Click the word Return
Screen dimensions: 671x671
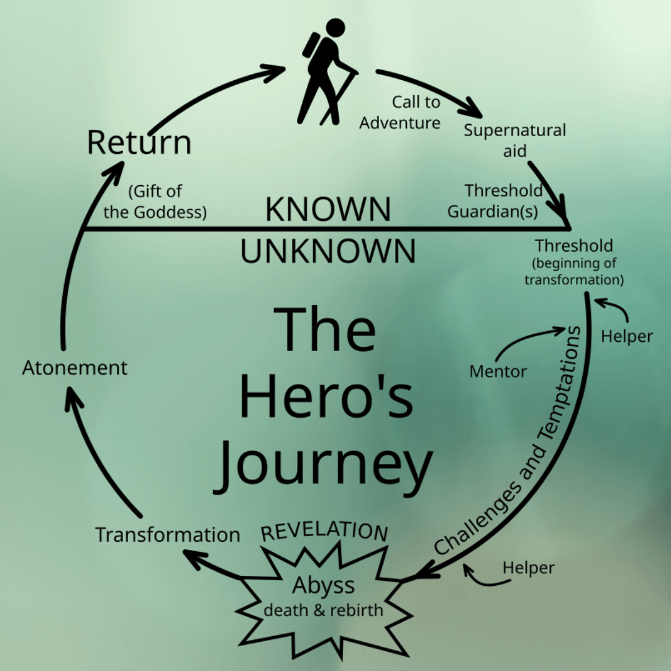[139, 142]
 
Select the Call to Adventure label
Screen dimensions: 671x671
[400, 112]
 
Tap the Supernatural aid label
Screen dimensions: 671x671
[515, 140]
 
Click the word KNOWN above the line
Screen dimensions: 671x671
[328, 209]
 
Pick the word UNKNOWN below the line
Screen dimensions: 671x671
[328, 251]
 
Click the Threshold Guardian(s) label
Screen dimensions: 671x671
[495, 201]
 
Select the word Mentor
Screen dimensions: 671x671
[498, 372]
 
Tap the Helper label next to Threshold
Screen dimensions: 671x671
[628, 336]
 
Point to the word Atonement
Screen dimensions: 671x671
[75, 367]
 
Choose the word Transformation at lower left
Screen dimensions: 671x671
[167, 534]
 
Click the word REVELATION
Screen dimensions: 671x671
[324, 531]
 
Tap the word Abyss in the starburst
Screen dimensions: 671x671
[324, 585]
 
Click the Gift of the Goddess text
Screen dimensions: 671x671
[155, 201]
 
